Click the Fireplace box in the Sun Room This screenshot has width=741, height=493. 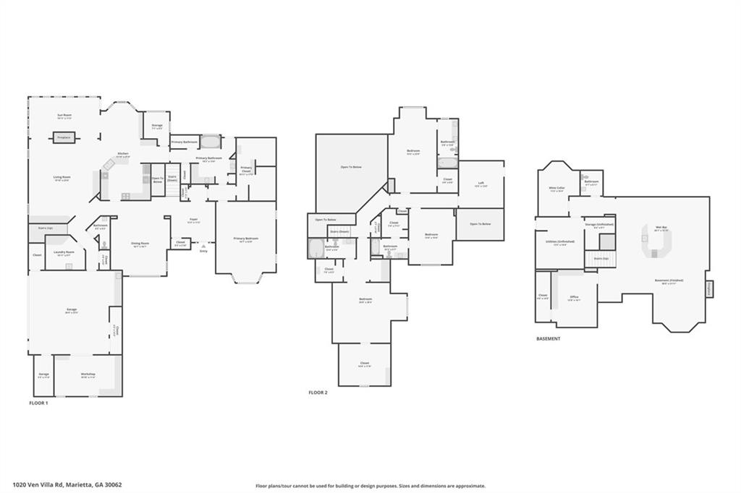click(x=64, y=137)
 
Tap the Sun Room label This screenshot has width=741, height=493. click(x=64, y=116)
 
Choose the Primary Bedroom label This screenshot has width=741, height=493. click(x=245, y=239)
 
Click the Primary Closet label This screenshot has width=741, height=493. click(x=246, y=170)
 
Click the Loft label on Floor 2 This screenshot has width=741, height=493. click(x=480, y=184)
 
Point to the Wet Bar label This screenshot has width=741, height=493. click(x=661, y=228)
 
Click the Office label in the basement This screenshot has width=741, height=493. click(x=574, y=298)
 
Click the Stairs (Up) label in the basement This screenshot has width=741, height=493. click(x=601, y=257)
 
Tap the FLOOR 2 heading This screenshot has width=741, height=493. click(x=318, y=393)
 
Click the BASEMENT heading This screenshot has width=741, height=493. click(x=548, y=338)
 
